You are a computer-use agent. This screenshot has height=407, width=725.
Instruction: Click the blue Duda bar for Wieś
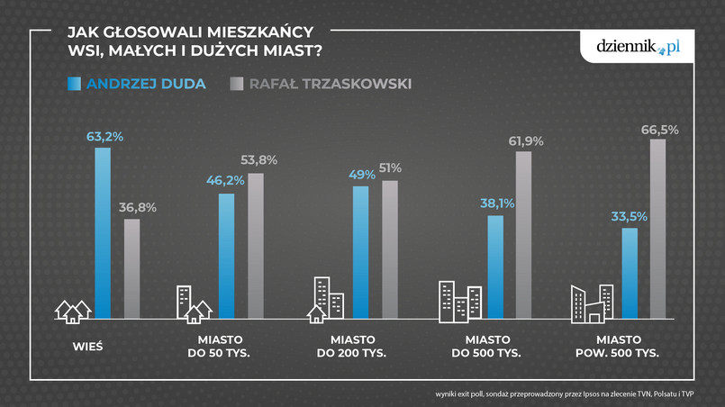(x=103, y=233)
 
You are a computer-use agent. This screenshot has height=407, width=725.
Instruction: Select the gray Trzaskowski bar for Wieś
(x=131, y=268)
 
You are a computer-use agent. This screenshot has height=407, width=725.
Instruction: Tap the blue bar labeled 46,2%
(x=226, y=256)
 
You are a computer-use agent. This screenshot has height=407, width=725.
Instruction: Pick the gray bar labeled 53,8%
(x=255, y=246)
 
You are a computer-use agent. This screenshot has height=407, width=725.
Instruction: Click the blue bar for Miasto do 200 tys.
(x=360, y=252)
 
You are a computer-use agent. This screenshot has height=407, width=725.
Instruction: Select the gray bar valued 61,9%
(x=523, y=235)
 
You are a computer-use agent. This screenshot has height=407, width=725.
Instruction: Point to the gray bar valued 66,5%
(x=658, y=229)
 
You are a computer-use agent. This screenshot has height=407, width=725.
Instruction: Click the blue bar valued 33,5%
(x=630, y=273)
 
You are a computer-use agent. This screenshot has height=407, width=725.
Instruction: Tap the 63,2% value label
(x=104, y=137)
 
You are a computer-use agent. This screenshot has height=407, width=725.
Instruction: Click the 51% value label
(x=390, y=168)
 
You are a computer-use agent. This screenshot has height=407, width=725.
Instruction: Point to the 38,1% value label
(x=496, y=203)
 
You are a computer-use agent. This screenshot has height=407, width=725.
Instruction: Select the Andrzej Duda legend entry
(x=137, y=85)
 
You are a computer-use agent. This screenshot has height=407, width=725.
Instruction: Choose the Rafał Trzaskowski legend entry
(x=320, y=85)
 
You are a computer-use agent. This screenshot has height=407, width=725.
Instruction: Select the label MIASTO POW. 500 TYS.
(x=617, y=346)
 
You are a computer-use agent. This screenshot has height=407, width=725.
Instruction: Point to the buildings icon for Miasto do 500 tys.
(x=459, y=303)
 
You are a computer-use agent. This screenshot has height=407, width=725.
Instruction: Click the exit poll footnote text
(x=572, y=393)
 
